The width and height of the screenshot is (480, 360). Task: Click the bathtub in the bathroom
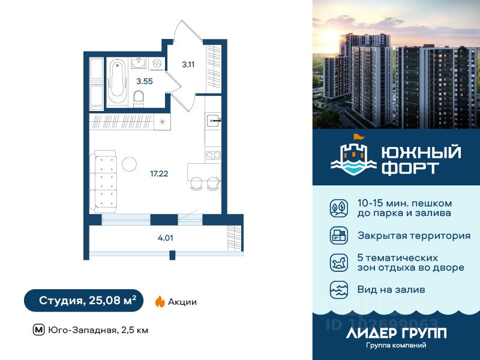117,82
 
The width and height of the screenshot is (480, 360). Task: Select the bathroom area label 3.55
144,82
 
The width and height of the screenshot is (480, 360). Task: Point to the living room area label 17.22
159,174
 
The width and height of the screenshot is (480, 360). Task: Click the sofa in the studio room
104,181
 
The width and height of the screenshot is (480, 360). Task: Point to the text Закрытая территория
413,235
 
